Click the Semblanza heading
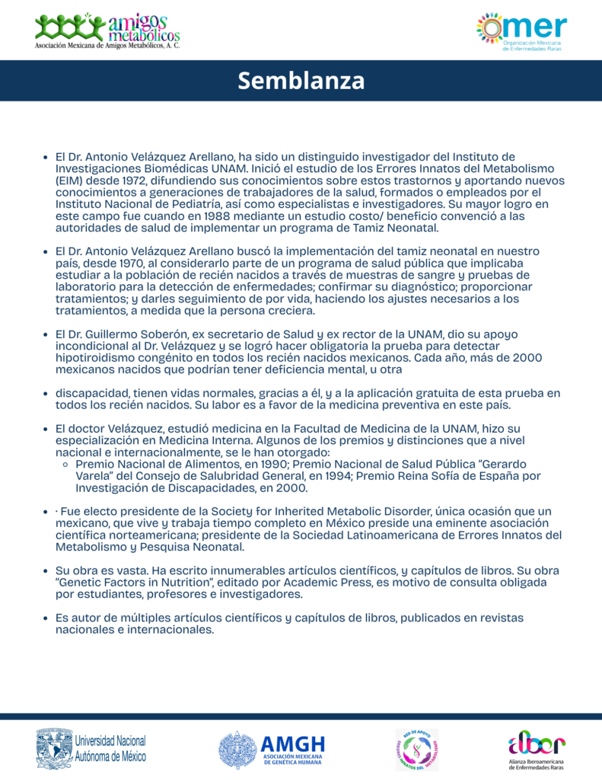[301, 81]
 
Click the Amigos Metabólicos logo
[107, 31]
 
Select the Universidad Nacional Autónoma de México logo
[91, 748]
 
